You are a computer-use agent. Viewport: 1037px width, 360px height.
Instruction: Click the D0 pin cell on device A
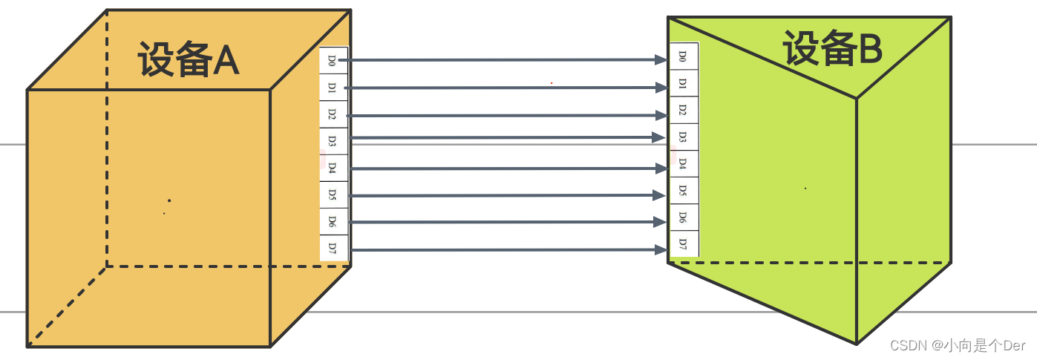pyautogui.click(x=333, y=60)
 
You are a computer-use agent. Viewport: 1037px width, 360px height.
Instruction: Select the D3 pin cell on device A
pyautogui.click(x=333, y=141)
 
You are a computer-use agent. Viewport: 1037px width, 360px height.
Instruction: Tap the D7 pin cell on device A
pyautogui.click(x=333, y=247)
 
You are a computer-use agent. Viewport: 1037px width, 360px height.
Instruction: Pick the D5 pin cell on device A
pyautogui.click(x=333, y=194)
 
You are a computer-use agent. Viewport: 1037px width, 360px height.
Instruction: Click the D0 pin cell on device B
pyautogui.click(x=684, y=57)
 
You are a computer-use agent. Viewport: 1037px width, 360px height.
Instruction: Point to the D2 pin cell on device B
pyautogui.click(x=684, y=111)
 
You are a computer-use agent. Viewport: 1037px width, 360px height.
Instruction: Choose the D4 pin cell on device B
pyautogui.click(x=684, y=163)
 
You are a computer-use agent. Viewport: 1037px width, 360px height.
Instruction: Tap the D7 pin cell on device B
pyautogui.click(x=684, y=243)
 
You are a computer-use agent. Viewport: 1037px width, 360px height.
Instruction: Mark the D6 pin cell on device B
pyautogui.click(x=684, y=217)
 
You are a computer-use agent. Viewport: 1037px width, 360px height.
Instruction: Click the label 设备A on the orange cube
pyautogui.click(x=189, y=59)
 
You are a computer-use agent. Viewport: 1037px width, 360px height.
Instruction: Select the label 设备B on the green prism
pyautogui.click(x=832, y=50)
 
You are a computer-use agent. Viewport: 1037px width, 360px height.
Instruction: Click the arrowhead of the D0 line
pyautogui.click(x=660, y=59)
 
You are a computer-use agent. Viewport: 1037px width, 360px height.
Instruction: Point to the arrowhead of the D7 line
pyautogui.click(x=658, y=249)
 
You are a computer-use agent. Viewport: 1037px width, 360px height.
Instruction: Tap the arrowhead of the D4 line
pyautogui.click(x=660, y=168)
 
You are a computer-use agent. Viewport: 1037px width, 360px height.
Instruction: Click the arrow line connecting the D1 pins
pyautogui.click(x=505, y=88)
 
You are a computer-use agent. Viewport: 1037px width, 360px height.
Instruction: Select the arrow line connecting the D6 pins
pyautogui.click(x=505, y=222)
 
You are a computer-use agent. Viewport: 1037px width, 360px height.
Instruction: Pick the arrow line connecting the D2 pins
pyautogui.click(x=505, y=116)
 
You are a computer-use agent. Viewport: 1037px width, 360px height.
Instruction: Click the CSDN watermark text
pyautogui.click(x=957, y=345)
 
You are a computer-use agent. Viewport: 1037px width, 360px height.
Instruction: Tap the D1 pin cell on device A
pyautogui.click(x=333, y=88)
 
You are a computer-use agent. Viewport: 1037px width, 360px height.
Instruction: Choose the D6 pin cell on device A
pyautogui.click(x=333, y=221)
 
